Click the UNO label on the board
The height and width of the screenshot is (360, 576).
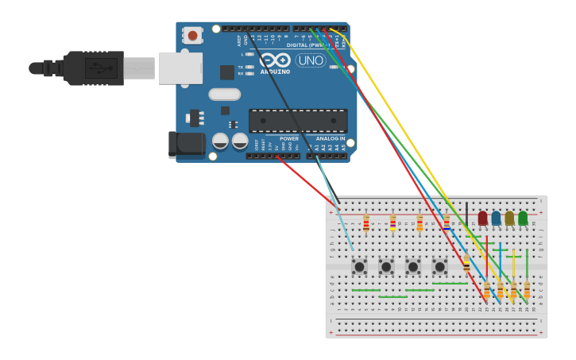(x=310, y=60)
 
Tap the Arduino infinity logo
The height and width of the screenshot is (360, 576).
(x=275, y=60)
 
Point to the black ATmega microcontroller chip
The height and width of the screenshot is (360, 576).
(x=298, y=121)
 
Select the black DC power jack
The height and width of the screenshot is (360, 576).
(x=185, y=144)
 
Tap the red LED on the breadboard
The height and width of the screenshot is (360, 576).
(x=482, y=218)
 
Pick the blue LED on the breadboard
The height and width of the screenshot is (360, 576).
(x=496, y=218)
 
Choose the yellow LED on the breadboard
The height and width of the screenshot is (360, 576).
(x=509, y=218)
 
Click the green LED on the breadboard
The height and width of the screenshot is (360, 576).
(x=523, y=218)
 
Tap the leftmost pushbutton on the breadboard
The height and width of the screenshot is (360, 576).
(x=359, y=266)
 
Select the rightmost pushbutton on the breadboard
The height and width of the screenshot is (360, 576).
(x=439, y=266)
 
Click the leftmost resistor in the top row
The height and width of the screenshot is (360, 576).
(x=365, y=223)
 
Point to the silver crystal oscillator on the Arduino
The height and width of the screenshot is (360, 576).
(x=225, y=95)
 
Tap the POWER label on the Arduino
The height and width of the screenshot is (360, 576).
(x=288, y=138)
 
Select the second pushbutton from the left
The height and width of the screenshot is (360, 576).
(x=386, y=266)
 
